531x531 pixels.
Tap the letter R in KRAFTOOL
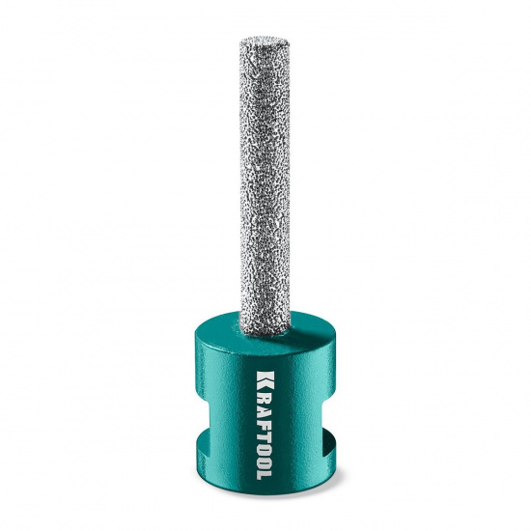pos(265,396)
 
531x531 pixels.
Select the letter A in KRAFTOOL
pos(265,407)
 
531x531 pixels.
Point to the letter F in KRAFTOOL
pos(265,419)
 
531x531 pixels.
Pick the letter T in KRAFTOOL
pos(265,429)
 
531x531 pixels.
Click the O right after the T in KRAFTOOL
pos(265,441)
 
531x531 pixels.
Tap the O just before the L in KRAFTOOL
pos(265,455)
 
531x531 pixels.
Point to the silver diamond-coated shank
pos(265,186)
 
